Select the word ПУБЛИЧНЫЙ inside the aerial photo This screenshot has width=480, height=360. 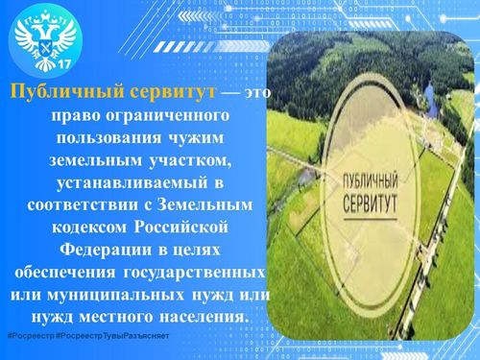pyautogui.click(x=367, y=180)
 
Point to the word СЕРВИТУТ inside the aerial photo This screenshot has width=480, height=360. pyautogui.click(x=367, y=202)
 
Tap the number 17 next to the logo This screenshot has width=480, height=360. pyautogui.click(x=65, y=63)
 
